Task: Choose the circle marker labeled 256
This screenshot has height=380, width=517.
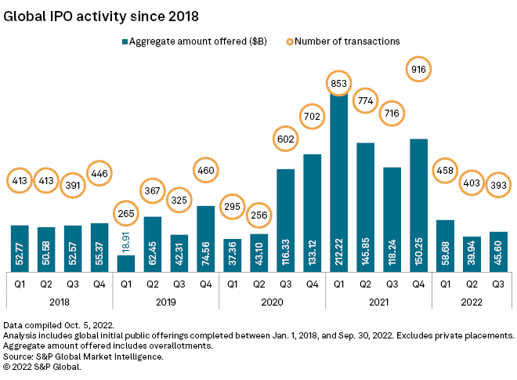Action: (x=258, y=215)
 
